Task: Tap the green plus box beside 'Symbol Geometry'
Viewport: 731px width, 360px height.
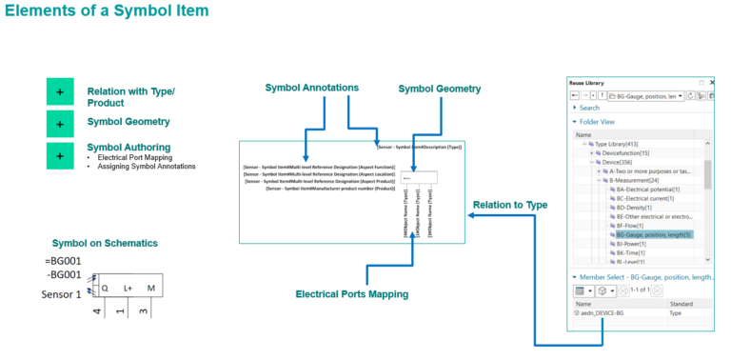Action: pos(60,124)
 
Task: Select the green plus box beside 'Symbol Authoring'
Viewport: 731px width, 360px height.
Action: pos(60,155)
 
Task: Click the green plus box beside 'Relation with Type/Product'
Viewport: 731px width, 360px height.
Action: pos(60,91)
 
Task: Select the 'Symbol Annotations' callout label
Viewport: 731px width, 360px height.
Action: pos(311,88)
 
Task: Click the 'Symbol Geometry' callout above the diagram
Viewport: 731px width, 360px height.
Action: pos(441,89)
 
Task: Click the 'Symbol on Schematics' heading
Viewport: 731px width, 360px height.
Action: pos(105,243)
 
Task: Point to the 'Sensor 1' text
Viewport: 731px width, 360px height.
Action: pos(63,293)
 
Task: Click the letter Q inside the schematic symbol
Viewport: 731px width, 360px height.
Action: pos(104,288)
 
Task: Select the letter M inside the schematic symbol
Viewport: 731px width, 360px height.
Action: pos(150,288)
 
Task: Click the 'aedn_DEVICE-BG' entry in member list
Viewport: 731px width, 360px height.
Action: pos(606,311)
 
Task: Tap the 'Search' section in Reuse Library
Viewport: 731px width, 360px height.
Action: pos(590,108)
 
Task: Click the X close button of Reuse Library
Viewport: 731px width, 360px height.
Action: pos(713,83)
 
